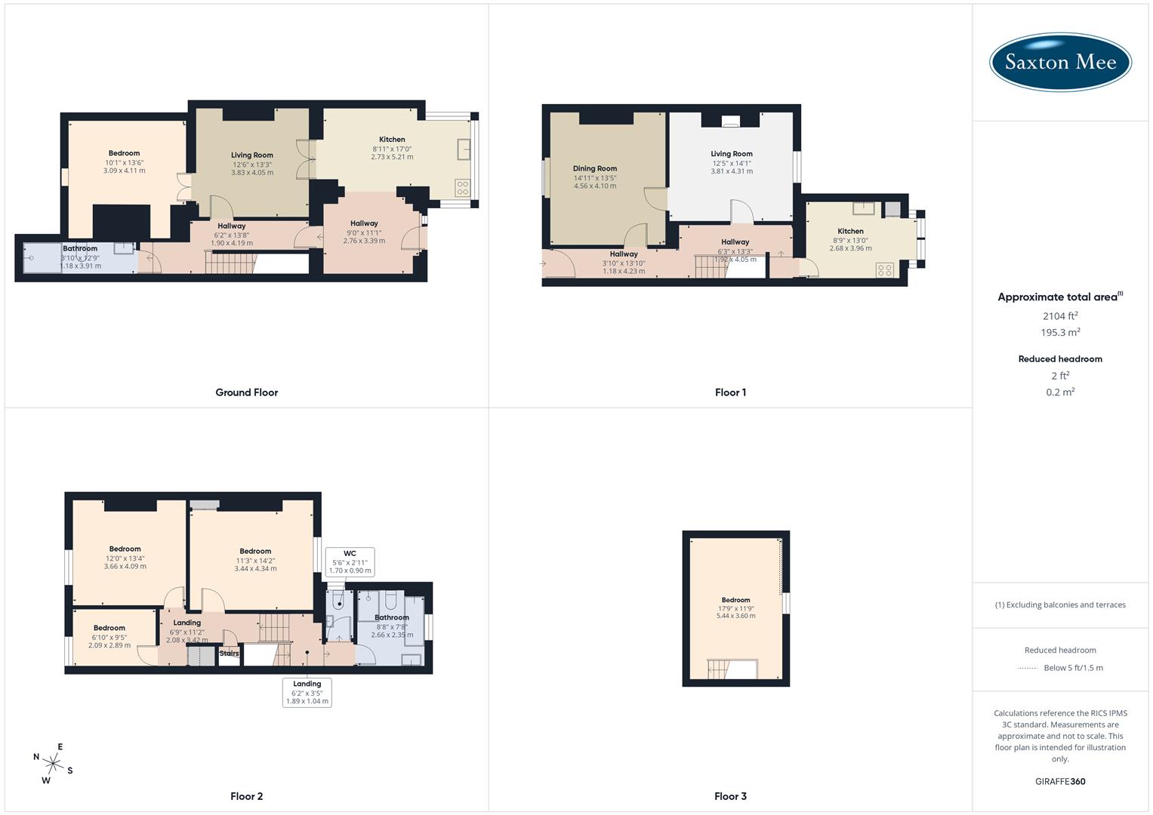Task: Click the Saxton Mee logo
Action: [x=1060, y=63]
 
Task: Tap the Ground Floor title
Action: [x=246, y=392]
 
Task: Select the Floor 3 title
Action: [x=730, y=796]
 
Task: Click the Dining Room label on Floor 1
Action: [x=595, y=169]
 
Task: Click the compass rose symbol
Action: [x=53, y=763]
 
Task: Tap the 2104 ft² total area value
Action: [x=1060, y=316]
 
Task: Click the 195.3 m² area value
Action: [x=1060, y=333]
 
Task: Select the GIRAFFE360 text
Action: [x=1060, y=782]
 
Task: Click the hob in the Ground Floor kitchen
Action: [x=462, y=188]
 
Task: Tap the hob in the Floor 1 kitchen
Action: [x=884, y=269]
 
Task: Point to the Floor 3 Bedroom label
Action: [x=735, y=600]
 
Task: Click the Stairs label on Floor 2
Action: [x=229, y=654]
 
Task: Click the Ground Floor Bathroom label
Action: [x=80, y=248]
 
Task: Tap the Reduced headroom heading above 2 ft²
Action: [x=1060, y=359]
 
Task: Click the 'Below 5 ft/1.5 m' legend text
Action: [x=1073, y=668]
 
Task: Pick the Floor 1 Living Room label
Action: [x=731, y=154]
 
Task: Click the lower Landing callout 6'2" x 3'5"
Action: [x=307, y=692]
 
